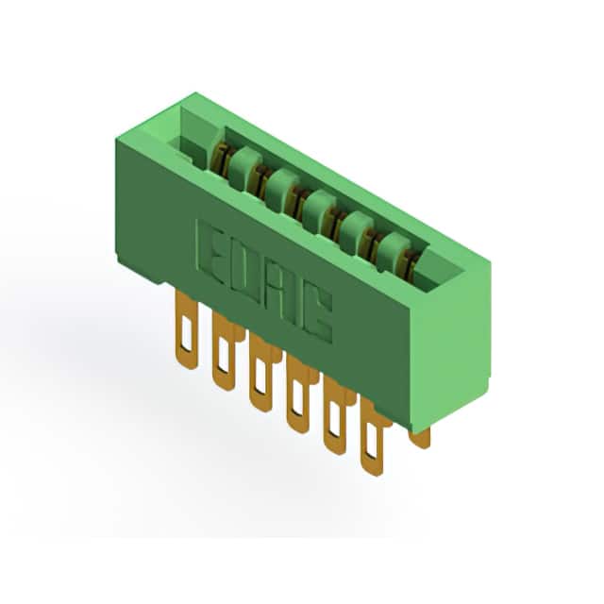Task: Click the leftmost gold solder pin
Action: coord(187,329)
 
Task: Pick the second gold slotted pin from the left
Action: coord(224,351)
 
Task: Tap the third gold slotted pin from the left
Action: coord(260,373)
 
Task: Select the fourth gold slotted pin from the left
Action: coord(297,394)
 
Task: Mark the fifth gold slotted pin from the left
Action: coord(335,415)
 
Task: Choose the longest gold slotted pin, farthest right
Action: coord(372,437)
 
